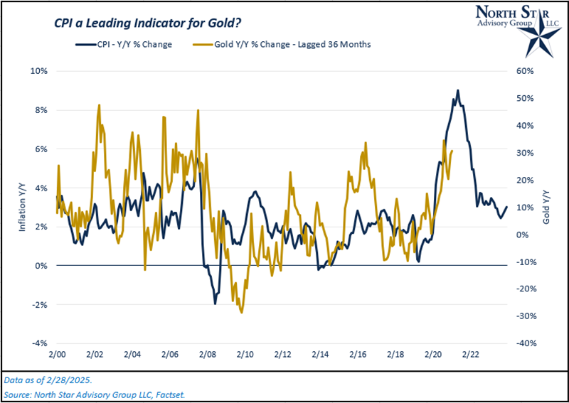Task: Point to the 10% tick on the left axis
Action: pyautogui.click(x=38, y=71)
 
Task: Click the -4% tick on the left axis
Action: pyautogui.click(x=38, y=343)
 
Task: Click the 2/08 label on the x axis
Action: pyautogui.click(x=208, y=353)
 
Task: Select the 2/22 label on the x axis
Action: pyautogui.click(x=470, y=353)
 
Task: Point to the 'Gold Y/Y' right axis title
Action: pyautogui.click(x=546, y=207)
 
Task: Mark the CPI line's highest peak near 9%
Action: pyautogui.click(x=457, y=90)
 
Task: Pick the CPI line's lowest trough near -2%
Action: pyautogui.click(x=216, y=303)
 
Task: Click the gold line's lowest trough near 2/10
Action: pyautogui.click(x=242, y=312)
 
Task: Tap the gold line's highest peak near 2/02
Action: pyautogui.click(x=99, y=104)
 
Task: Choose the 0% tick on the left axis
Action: pyautogui.click(x=41, y=265)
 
